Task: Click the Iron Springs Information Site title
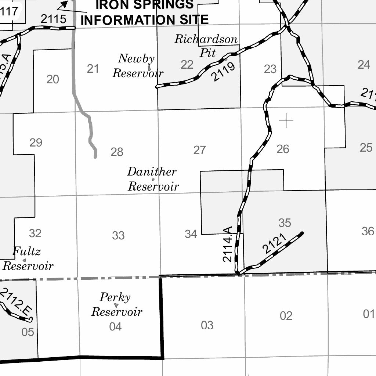pos(144,12)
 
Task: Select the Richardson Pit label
pos(206,46)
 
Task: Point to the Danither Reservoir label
pos(153,179)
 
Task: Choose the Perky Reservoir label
pos(116,304)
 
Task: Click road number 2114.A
pos(228,245)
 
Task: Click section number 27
pos(199,150)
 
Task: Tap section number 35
pos(285,223)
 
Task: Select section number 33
pos(118,235)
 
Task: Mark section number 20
pos(53,79)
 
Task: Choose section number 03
pos(207,325)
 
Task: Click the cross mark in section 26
pos(286,120)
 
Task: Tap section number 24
pos(364,65)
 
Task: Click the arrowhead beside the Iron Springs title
pos(64,4)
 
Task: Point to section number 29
pos(36,142)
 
